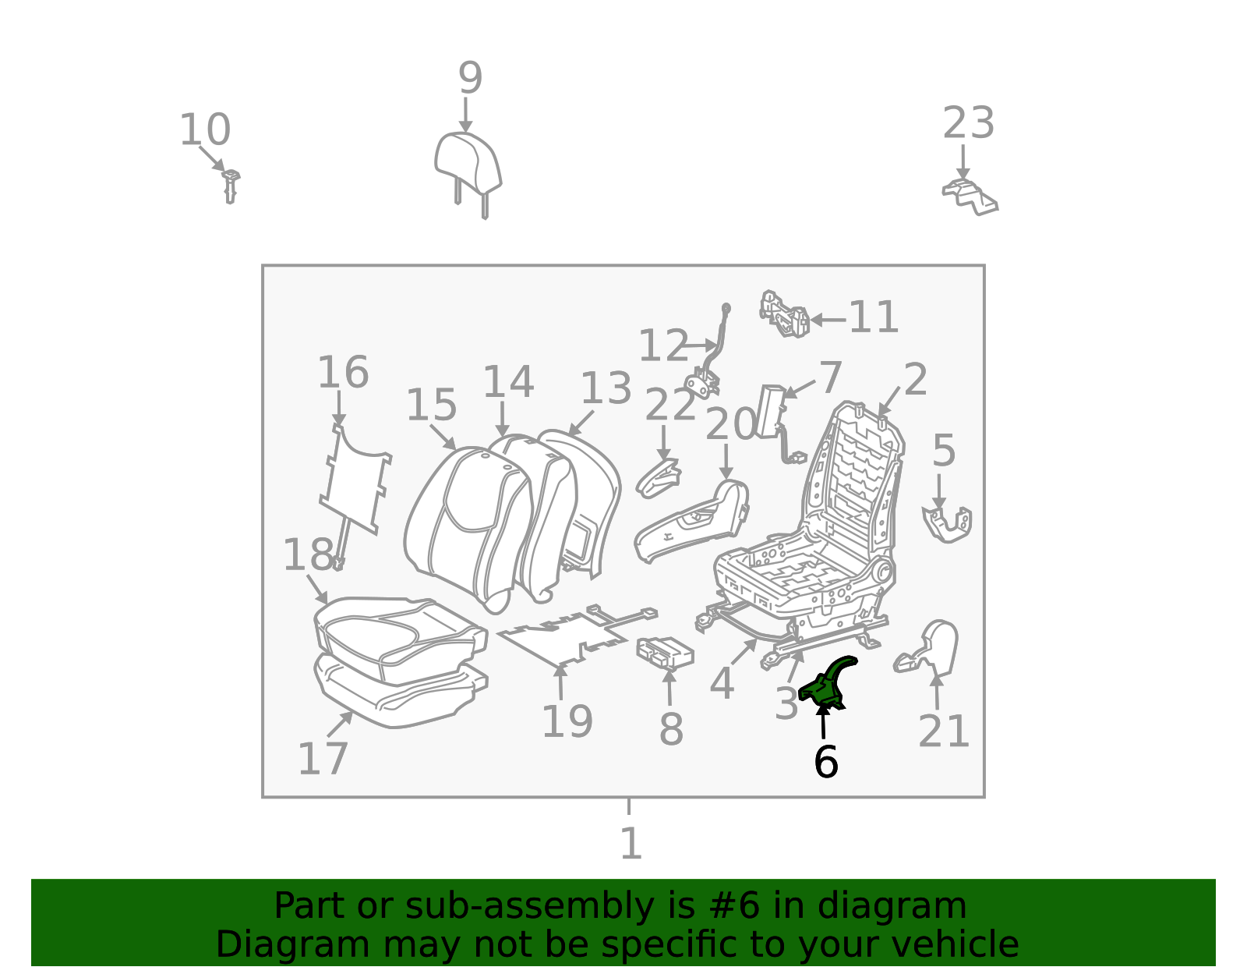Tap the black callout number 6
(826, 762)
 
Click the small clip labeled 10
(231, 186)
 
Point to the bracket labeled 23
(970, 197)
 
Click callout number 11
(873, 317)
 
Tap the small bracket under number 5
(947, 524)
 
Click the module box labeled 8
(665, 653)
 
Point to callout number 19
(567, 721)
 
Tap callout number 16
(343, 372)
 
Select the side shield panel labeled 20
(691, 522)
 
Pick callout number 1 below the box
(630, 843)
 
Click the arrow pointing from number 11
(828, 320)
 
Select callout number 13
(606, 388)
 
